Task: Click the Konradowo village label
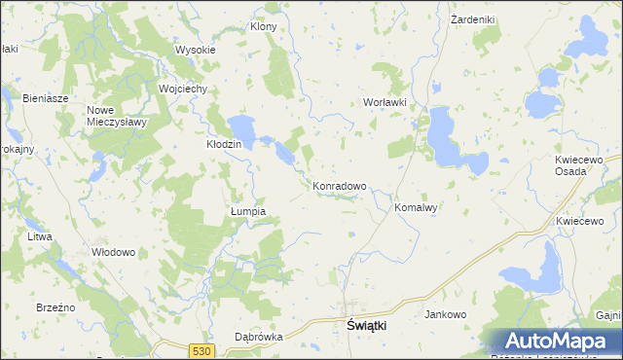click(339, 186)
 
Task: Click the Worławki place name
click(383, 102)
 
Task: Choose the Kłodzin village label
click(224, 143)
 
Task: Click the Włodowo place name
click(113, 251)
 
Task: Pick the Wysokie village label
click(195, 50)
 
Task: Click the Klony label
click(264, 26)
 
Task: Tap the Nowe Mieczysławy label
click(116, 116)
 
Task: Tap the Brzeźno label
click(56, 306)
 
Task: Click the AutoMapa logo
click(559, 342)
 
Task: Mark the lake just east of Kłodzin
click(243, 127)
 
